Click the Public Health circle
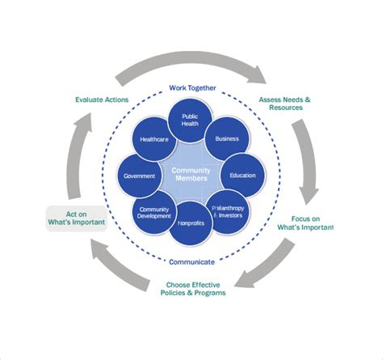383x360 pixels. point(191,119)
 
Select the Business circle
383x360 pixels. point(227,138)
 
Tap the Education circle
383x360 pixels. point(242,175)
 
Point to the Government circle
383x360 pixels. point(140,176)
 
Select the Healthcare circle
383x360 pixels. point(154,139)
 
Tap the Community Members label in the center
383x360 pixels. point(191,174)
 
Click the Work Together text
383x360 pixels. point(191,87)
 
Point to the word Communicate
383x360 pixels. point(191,262)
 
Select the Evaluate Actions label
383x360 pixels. point(103,100)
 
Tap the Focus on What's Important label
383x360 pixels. point(311,222)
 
